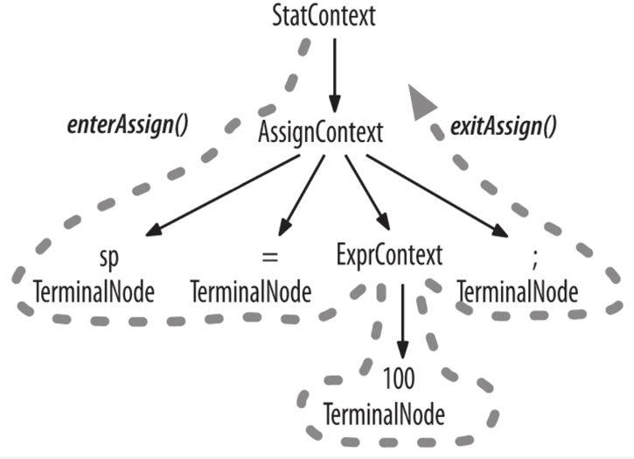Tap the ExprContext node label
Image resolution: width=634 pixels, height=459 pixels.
[x=389, y=255]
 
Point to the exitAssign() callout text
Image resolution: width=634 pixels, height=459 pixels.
[x=503, y=126]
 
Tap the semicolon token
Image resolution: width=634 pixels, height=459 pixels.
[x=533, y=258]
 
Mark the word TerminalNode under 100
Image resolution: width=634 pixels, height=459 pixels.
[x=384, y=412]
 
